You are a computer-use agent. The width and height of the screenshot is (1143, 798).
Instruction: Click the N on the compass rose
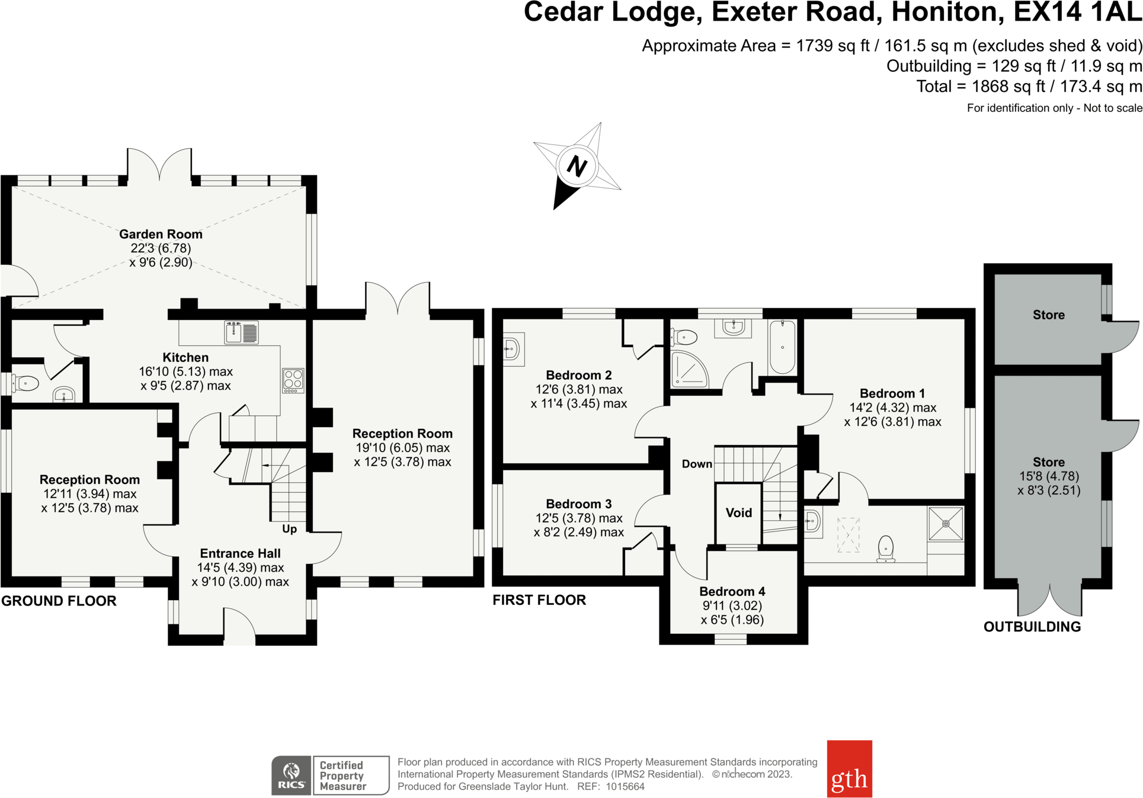577,166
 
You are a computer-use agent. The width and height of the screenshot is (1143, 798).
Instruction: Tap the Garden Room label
161,234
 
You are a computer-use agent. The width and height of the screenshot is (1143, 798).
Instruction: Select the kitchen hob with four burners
293,380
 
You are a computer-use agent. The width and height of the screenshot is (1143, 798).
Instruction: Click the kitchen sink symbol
241,332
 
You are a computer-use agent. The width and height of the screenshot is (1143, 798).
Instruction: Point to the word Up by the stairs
289,529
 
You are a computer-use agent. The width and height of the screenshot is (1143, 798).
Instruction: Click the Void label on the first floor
738,513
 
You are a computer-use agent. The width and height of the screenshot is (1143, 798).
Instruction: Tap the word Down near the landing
697,464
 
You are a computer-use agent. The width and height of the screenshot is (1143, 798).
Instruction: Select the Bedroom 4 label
732,591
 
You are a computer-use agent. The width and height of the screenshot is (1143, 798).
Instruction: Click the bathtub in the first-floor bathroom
782,347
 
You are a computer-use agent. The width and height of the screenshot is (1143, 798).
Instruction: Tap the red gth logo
849,768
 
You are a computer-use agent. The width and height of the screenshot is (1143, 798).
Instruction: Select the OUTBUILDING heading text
1032,627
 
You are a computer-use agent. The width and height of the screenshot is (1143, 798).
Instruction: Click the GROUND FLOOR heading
59,601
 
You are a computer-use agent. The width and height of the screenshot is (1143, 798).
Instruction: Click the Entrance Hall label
240,553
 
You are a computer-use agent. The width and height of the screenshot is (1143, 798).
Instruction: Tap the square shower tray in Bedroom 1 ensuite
946,524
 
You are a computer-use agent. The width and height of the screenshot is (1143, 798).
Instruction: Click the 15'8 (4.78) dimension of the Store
1048,476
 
